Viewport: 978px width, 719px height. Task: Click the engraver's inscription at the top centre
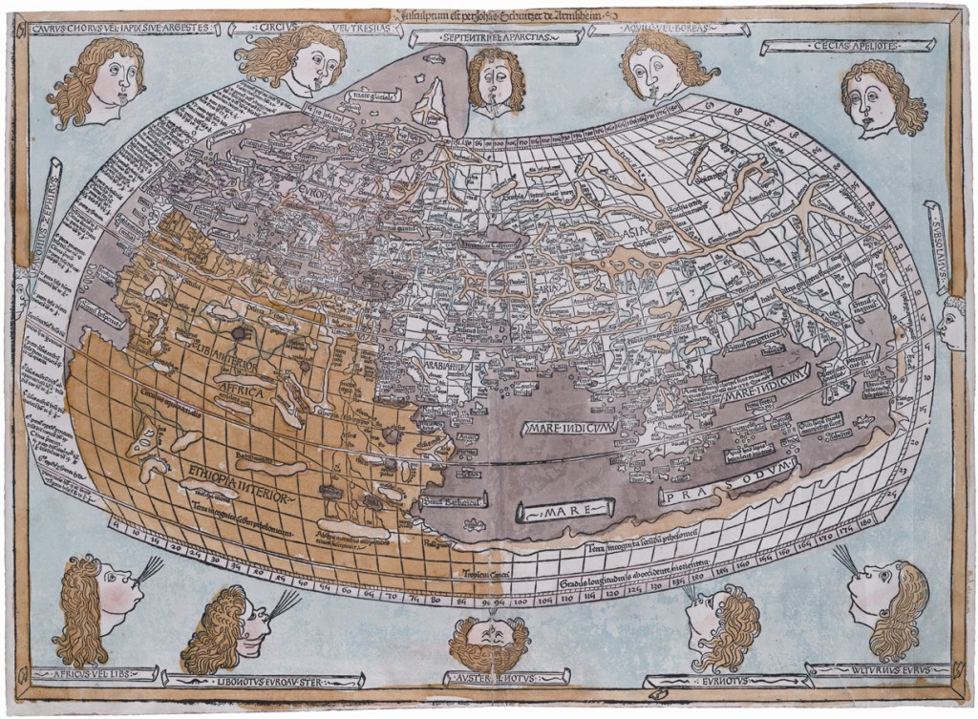pyautogui.click(x=490, y=13)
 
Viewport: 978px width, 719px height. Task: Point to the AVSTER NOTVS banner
pyautogui.click(x=488, y=677)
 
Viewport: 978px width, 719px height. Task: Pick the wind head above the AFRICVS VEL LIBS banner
pyautogui.click(x=98, y=608)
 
